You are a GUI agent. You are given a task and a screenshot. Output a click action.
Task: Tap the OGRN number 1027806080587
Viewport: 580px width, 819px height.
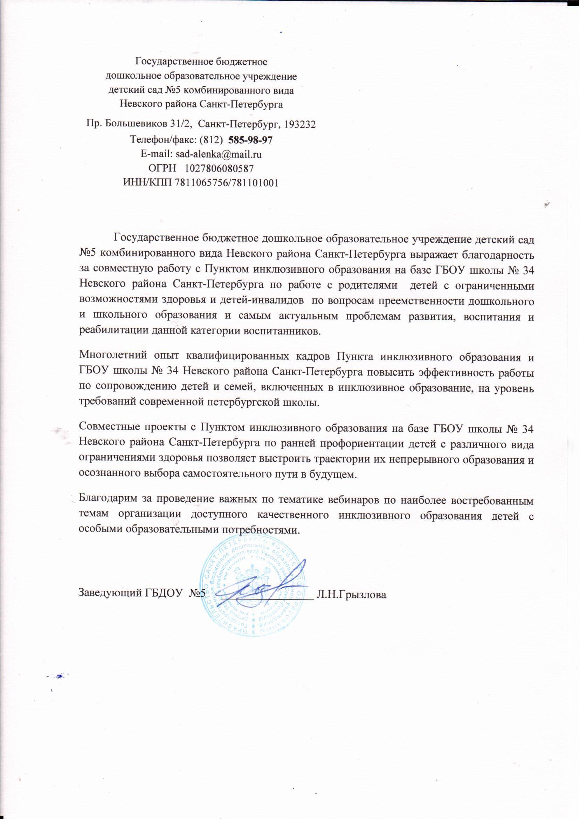(x=220, y=168)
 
